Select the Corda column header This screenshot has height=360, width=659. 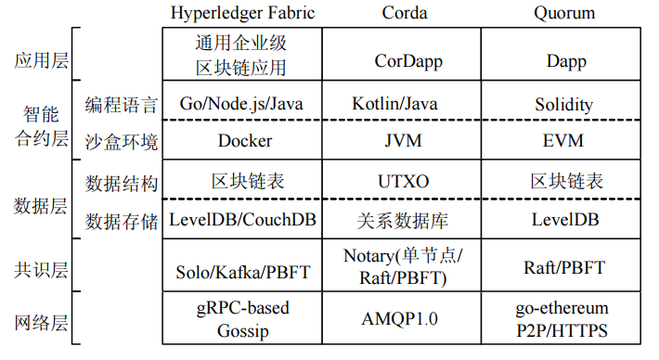click(406, 13)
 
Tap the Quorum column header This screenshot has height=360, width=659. click(565, 13)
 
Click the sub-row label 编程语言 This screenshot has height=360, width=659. click(121, 104)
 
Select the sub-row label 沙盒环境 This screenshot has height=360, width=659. click(121, 142)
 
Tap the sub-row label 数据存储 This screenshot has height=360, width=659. click(121, 221)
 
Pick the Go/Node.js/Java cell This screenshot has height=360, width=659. click(242, 104)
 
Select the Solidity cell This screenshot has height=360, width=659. click(565, 104)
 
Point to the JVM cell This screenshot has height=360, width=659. click(406, 142)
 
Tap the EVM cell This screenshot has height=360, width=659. click(565, 142)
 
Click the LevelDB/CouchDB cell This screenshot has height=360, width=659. click(242, 221)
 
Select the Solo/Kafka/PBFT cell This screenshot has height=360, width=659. click(242, 271)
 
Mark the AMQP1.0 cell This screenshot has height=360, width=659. click(406, 319)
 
